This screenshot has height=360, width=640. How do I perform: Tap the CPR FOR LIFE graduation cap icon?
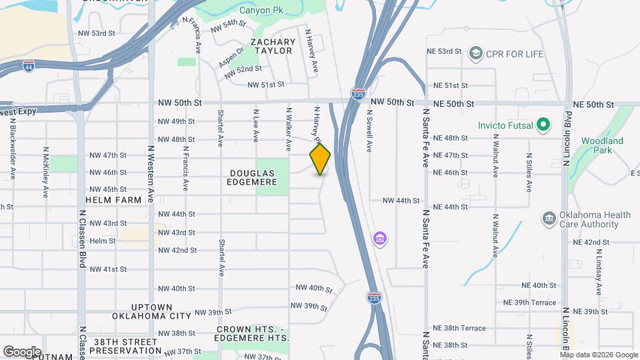tap(475, 52)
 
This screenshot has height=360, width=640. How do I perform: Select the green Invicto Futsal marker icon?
tap(543, 125)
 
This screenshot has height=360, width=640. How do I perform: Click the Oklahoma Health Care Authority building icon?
tap(549, 218)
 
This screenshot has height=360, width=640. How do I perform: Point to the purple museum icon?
tap(380, 237)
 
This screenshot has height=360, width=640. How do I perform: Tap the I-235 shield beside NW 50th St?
tap(358, 95)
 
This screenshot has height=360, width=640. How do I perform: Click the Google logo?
tap(22, 351)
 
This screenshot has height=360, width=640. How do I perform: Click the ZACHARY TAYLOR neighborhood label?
tap(272, 46)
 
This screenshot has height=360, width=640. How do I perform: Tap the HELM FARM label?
tap(114, 199)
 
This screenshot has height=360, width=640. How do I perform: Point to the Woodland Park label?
tap(601, 145)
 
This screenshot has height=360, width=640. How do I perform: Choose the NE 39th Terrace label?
tap(531, 302)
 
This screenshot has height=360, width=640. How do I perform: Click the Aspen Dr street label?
tap(231, 59)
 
